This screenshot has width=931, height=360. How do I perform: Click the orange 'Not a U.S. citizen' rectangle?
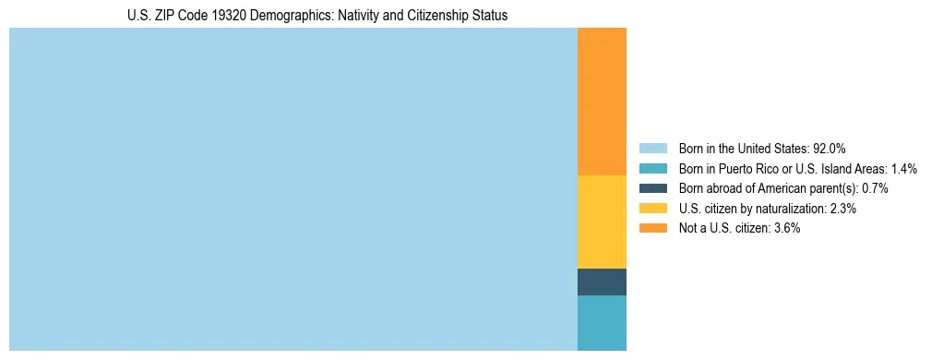pos(602,102)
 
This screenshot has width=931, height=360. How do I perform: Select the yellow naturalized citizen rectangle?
pos(602,222)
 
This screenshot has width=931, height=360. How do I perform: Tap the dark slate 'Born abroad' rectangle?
pos(602,282)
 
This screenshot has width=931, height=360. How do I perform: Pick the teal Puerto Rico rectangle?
pos(602,322)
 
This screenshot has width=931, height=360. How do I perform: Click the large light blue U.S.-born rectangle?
pos(292,189)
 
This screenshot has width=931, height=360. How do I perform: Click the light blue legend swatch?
pos(652,149)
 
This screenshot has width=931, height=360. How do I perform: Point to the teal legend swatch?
pos(652,169)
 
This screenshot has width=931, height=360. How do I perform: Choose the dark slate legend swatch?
pos(652,188)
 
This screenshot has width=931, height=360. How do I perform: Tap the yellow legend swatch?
pos(652,209)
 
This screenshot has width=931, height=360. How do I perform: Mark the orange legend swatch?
pos(652,228)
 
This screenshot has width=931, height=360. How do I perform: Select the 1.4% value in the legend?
pos(903,169)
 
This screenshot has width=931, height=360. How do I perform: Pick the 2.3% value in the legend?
pos(844,209)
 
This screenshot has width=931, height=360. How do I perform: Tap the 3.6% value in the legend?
pos(787,228)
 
